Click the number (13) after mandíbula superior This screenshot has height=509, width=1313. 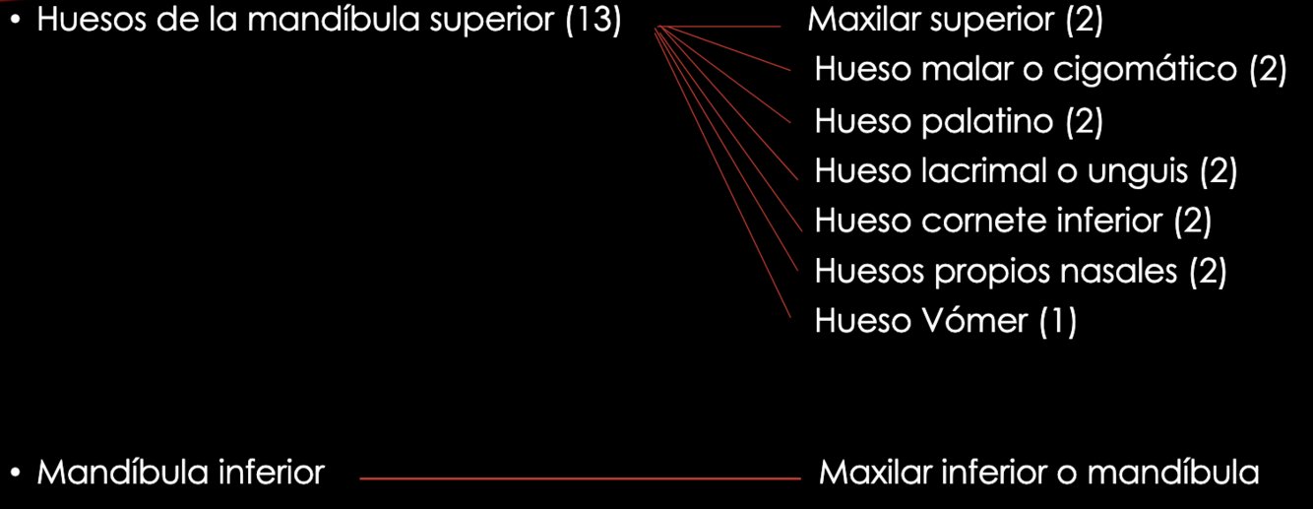594,22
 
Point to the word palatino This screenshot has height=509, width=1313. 989,122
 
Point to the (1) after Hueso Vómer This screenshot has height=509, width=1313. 1058,321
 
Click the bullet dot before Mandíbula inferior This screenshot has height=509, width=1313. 17,474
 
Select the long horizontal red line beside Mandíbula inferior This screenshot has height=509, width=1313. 581,479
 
